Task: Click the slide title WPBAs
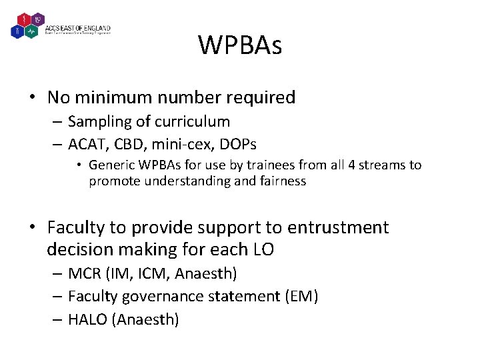pyautogui.click(x=240, y=46)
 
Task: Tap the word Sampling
pyautogui.click(x=97, y=122)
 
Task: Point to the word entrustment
pyautogui.click(x=338, y=228)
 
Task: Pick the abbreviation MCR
pyautogui.click(x=84, y=273)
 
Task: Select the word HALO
pyautogui.click(x=88, y=320)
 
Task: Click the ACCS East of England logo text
pyautogui.click(x=78, y=29)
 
